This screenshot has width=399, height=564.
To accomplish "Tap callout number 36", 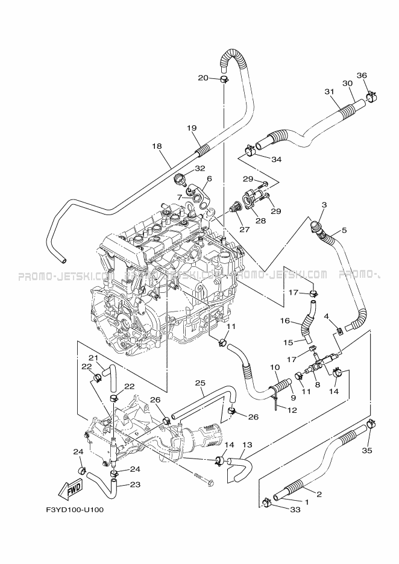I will [x=362, y=75].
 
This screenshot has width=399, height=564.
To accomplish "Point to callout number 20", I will [x=203, y=78].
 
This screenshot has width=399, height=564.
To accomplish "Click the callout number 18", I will [x=157, y=146].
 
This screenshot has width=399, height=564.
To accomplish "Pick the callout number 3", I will [x=324, y=205].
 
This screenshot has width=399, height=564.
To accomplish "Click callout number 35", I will [x=367, y=450].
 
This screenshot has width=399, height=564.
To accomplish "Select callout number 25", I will [x=200, y=383].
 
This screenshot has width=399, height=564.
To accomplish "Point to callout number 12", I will [x=292, y=410].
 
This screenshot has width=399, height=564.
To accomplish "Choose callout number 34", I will [x=277, y=159].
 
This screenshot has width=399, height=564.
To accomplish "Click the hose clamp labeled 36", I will [x=372, y=95].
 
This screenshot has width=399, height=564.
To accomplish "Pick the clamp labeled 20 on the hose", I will [x=224, y=79].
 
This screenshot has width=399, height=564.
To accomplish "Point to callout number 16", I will [x=285, y=321].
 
